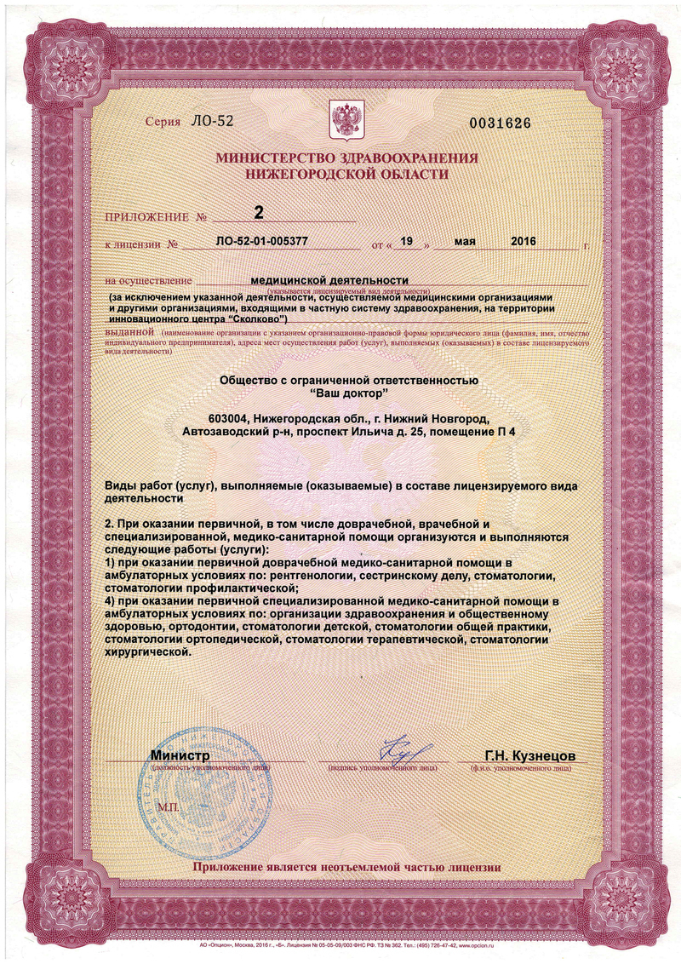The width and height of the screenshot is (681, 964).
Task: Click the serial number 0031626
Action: pos(501,123)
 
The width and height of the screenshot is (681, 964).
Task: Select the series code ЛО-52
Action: pos(213,121)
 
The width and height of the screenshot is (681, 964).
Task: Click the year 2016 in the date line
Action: pos(523,242)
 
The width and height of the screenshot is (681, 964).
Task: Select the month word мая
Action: pos(465,242)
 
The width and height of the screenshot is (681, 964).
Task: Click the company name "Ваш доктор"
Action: pos(349,392)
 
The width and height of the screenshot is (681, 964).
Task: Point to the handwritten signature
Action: pos(393,749)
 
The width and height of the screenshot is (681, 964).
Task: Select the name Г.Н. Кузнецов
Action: pos(530,755)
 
